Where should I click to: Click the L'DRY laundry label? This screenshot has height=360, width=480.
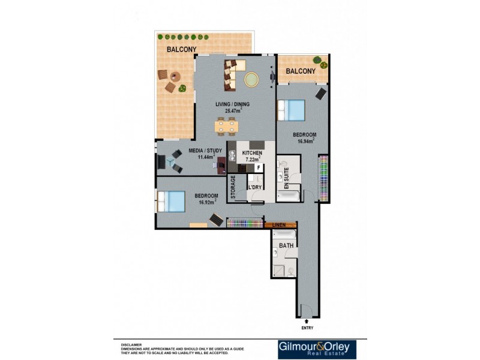pyautogui.click(x=255, y=188)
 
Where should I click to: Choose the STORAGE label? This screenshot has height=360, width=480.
pyautogui.click(x=233, y=188)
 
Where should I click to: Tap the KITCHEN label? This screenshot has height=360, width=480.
pyautogui.click(x=252, y=154)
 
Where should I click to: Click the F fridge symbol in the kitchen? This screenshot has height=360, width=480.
pyautogui.click(x=259, y=168)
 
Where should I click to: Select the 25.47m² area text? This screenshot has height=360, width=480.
pyautogui.click(x=233, y=110)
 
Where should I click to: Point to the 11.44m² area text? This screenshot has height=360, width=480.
pyautogui.click(x=202, y=158)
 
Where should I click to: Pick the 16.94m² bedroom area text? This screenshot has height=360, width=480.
pyautogui.click(x=305, y=142)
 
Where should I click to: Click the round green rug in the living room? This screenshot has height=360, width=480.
pyautogui.click(x=251, y=79)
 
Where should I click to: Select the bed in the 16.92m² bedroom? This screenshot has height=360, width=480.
pyautogui.click(x=172, y=200)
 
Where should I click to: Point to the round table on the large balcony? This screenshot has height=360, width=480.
pyautogui.click(x=175, y=76)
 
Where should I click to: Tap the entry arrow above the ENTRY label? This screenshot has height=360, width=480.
pyautogui.click(x=307, y=322)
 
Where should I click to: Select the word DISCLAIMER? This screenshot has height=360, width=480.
pyautogui.click(x=131, y=345)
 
